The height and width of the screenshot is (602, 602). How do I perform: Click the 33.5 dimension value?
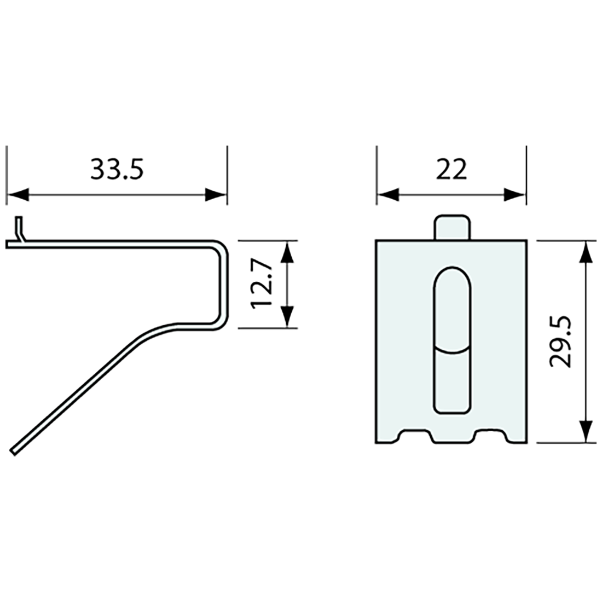click(x=117, y=170)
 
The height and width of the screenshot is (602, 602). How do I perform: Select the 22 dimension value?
click(x=451, y=170)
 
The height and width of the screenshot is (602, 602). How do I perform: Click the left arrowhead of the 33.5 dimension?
click(x=18, y=194)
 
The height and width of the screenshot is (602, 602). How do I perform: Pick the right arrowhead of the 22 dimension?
click(x=514, y=194)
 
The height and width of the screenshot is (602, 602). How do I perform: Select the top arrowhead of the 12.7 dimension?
click(x=287, y=252)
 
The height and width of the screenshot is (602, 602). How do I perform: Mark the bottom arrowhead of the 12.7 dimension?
click(x=287, y=316)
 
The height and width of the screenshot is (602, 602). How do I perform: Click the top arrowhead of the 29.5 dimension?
click(x=586, y=252)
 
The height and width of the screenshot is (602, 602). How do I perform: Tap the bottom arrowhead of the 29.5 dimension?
click(x=586, y=431)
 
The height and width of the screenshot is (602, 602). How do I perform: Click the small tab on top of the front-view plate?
click(x=452, y=228)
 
